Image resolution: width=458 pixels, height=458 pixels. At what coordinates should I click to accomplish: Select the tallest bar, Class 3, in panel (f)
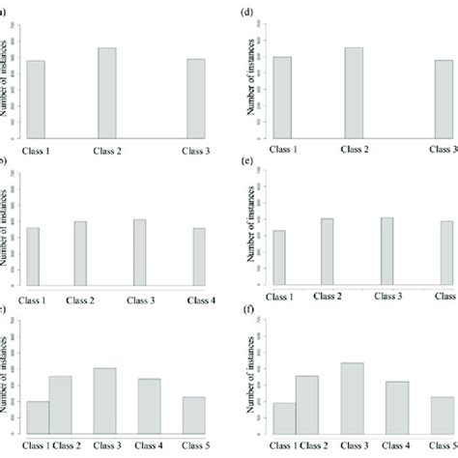point(354,397)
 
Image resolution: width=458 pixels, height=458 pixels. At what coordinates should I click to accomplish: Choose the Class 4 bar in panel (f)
point(397,406)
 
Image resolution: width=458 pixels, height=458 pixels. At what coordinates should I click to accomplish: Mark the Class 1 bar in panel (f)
point(283,417)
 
